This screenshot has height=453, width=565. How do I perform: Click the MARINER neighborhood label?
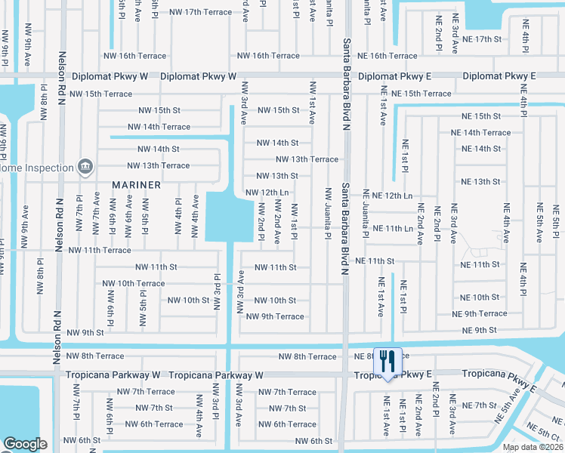tap(137, 185)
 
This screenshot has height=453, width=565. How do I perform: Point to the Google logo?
tap(25, 443)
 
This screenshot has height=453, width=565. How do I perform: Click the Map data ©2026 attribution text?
tap(533, 447)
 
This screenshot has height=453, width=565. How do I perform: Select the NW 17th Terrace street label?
tap(201, 12)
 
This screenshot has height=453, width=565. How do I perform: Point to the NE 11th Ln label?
tap(394, 228)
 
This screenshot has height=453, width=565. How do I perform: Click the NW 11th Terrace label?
tap(100, 250)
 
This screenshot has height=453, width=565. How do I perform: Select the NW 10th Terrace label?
tap(134, 284)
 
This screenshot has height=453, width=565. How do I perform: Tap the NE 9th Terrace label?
tap(480, 314)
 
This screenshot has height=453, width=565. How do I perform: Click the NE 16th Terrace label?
tap(387, 56)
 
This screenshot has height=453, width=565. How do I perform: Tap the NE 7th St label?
tap(480, 405)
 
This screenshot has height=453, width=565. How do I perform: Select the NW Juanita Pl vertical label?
tap(329, 214)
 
